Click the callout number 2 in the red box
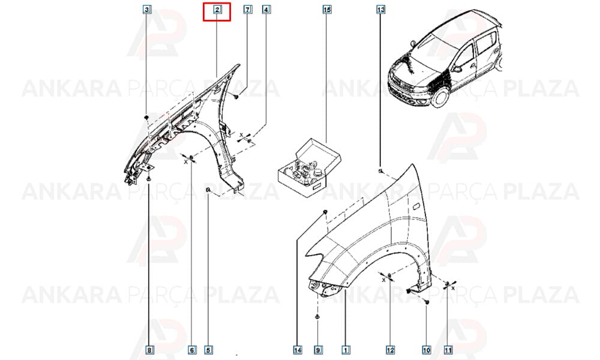pyautogui.click(x=217, y=9)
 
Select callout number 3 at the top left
pyautogui.click(x=147, y=9)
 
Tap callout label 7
pyautogui.click(x=248, y=9)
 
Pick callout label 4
pyautogui.click(x=266, y=9)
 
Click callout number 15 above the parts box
pyautogui.click(x=327, y=9)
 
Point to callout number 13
pyautogui.click(x=380, y=9)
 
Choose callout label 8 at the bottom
pyautogui.click(x=149, y=350)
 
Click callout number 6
pyautogui.click(x=192, y=350)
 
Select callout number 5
pyautogui.click(x=208, y=350)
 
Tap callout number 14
pyautogui.click(x=298, y=350)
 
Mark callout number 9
pyautogui.click(x=317, y=350)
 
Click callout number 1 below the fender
pyautogui.click(x=346, y=350)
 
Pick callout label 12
pyautogui.click(x=390, y=350)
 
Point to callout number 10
pyautogui.click(x=426, y=350)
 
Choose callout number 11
pyautogui.click(x=448, y=350)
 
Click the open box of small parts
pyautogui.click(x=308, y=169)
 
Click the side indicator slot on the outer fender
pyautogui.click(x=416, y=207)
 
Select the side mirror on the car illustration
pyautogui.click(x=456, y=69)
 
